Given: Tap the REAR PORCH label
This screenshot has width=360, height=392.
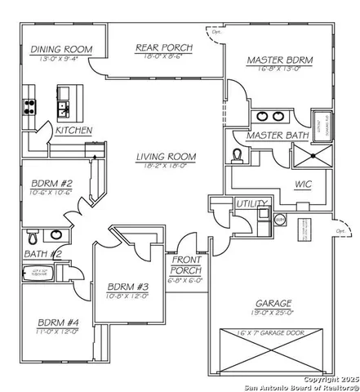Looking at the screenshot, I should click(164, 48).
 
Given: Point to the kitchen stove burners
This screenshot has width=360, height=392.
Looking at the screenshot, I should click(31, 107).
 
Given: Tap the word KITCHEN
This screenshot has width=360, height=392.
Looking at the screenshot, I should click(73, 130).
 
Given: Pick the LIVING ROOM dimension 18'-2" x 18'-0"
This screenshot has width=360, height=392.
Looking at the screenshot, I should click(160, 165).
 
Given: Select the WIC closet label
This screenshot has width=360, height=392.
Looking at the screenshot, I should click(303, 185).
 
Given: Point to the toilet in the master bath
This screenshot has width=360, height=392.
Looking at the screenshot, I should click(238, 155).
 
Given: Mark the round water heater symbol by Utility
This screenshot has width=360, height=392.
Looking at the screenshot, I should click(280, 219).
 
